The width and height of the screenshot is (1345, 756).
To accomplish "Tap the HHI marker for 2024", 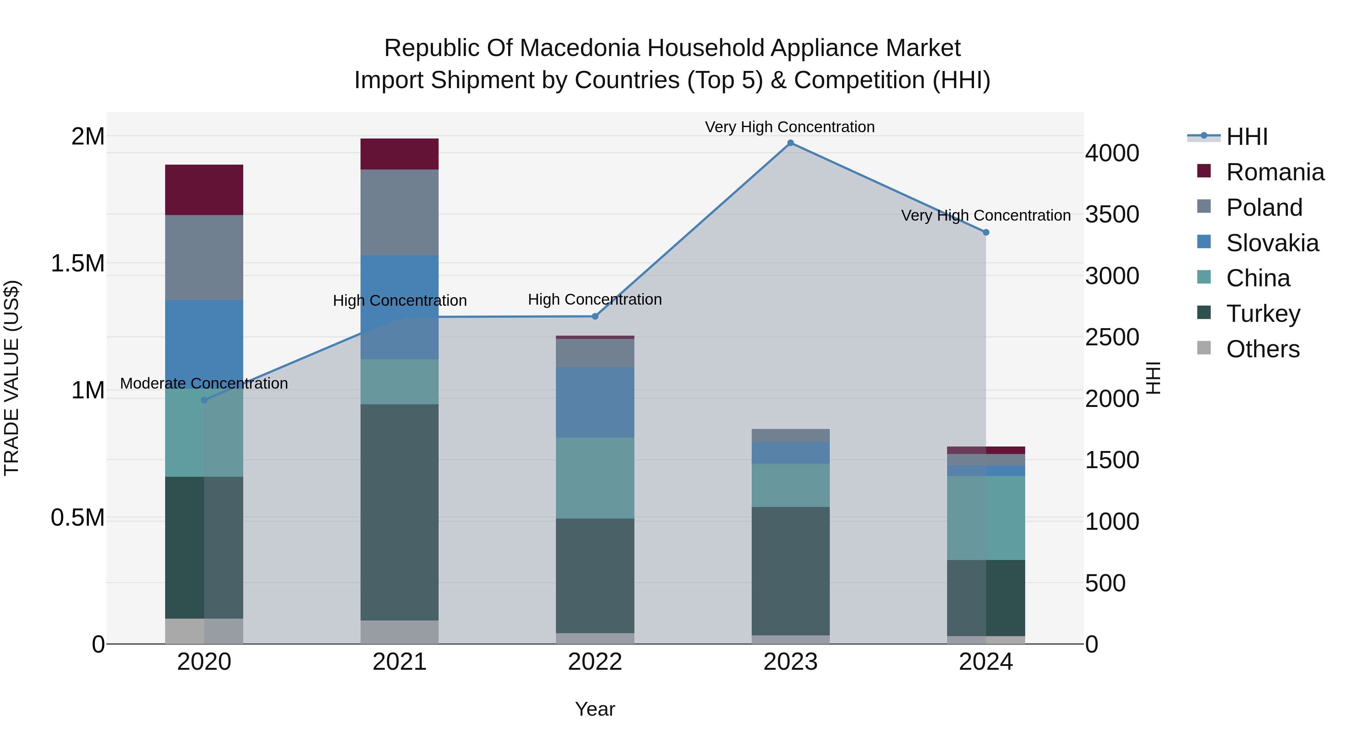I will (986, 232).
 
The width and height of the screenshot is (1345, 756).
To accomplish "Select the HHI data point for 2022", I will (595, 316).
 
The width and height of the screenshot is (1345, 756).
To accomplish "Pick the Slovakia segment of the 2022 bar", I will (595, 402).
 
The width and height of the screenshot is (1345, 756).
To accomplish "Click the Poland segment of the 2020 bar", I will (204, 257).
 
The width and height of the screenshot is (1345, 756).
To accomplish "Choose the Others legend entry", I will (1262, 349).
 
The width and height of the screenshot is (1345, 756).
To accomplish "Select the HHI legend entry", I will (1246, 137).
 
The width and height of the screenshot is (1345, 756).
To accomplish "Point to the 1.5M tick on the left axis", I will (78, 264).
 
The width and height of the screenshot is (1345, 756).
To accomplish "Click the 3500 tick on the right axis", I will (1112, 214).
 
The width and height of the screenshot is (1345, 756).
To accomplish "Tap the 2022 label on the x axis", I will (595, 662).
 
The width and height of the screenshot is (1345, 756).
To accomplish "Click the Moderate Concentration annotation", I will (204, 383).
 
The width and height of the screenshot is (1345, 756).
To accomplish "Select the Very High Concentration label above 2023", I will (789, 127).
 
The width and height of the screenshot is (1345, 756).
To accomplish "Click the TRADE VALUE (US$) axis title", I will (12, 378).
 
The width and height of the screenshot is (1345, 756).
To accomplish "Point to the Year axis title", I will (595, 709).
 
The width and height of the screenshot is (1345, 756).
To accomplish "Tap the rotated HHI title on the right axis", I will (1153, 378).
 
